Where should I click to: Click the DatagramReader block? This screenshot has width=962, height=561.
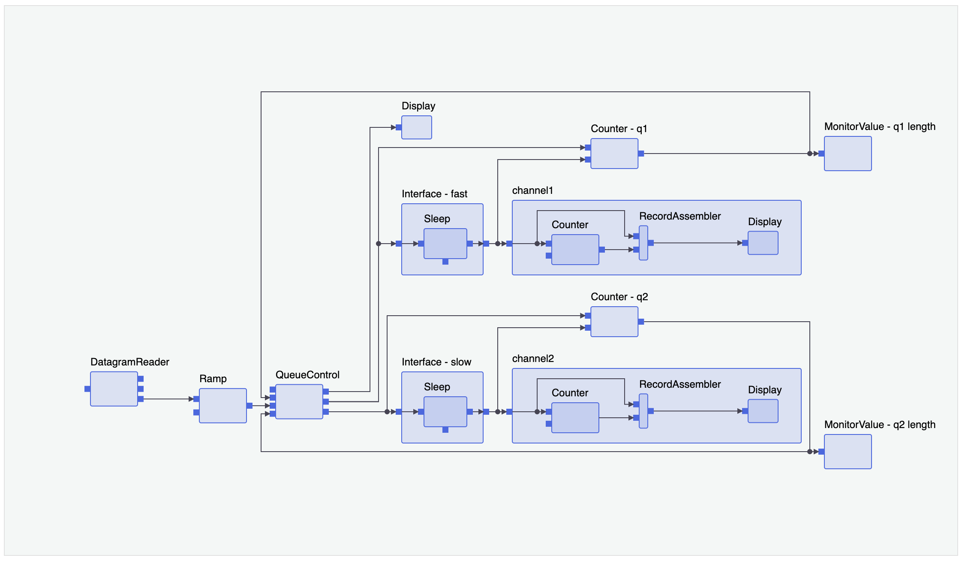click(114, 389)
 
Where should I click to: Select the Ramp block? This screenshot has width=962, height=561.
click(222, 405)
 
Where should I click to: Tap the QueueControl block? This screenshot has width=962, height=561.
click(299, 401)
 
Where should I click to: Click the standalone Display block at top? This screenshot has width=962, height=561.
click(416, 127)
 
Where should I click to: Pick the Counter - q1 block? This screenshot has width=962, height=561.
click(614, 154)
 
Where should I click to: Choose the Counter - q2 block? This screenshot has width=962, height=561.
click(614, 322)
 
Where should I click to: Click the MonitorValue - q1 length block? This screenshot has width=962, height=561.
click(848, 154)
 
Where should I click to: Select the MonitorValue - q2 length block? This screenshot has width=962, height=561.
click(848, 452)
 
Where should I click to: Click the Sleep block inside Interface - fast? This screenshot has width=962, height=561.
click(445, 244)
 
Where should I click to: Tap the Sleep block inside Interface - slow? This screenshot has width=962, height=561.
click(445, 412)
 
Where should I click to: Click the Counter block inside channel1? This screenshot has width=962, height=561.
click(575, 250)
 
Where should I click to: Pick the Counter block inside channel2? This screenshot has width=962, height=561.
click(575, 418)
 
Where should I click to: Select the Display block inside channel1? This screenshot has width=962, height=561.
click(763, 243)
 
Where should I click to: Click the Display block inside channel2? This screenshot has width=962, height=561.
click(763, 411)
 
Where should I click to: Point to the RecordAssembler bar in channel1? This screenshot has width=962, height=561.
click(643, 243)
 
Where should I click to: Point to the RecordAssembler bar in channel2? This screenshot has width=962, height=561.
click(643, 411)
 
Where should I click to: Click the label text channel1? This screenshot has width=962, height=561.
click(532, 190)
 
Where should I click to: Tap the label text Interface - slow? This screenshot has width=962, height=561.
click(436, 362)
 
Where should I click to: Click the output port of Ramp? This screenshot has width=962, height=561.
click(250, 406)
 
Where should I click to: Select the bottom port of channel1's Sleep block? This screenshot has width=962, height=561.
click(445, 262)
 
